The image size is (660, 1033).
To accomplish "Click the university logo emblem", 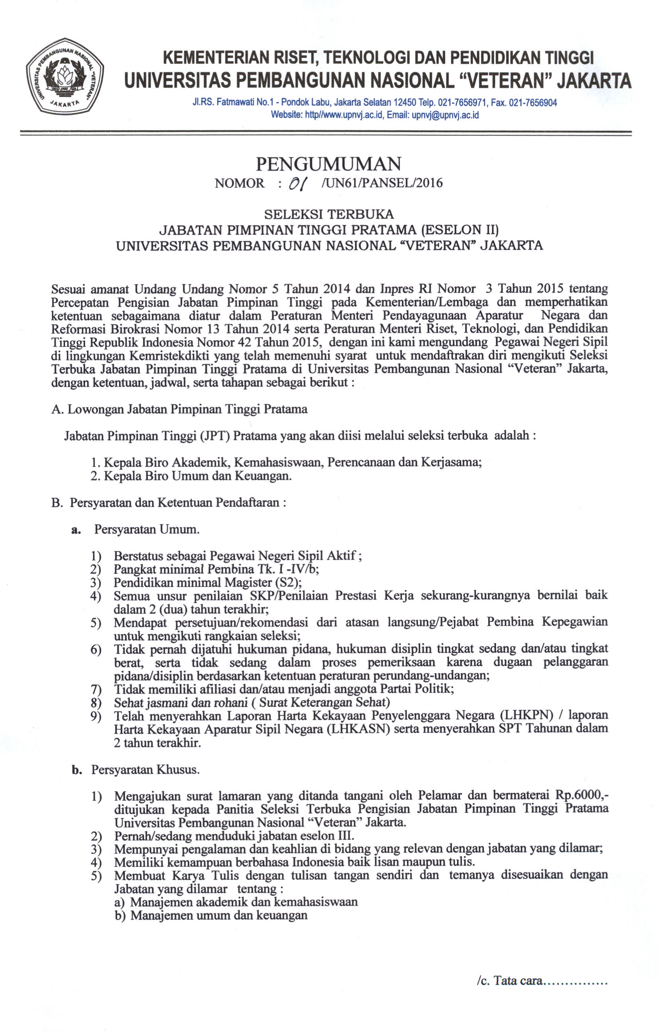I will (65, 77).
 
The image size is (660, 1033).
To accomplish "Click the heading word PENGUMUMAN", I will (328, 164).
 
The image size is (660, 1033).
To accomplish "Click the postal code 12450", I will (404, 102).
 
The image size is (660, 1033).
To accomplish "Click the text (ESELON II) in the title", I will (460, 230).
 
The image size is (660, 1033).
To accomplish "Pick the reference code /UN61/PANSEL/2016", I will (381, 183).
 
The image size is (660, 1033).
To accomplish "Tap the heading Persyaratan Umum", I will (147, 529).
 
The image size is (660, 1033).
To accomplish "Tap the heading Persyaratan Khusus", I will (145, 770).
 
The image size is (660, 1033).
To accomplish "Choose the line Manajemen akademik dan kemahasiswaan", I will (244, 902).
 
